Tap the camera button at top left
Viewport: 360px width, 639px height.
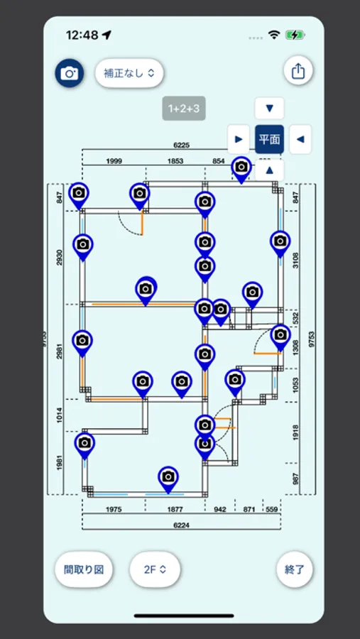point(70,73)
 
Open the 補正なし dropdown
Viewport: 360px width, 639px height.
point(129,73)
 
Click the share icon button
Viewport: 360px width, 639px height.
point(298,71)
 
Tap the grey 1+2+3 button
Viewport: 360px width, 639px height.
point(184,109)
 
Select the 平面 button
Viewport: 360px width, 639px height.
point(269,139)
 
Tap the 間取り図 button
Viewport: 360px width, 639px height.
point(84,569)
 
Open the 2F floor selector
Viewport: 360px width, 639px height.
point(155,569)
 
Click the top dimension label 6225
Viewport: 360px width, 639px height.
point(181,145)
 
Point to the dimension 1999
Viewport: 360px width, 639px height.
point(114,161)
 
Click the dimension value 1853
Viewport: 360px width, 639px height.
point(175,161)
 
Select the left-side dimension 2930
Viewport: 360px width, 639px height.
point(59,258)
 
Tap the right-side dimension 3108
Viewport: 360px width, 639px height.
point(295,259)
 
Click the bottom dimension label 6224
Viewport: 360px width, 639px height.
point(181,525)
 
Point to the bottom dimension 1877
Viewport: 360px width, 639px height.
point(175,509)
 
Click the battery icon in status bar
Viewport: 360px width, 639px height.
point(295,35)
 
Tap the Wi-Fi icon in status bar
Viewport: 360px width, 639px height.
point(274,35)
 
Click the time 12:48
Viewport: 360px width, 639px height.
point(82,35)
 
